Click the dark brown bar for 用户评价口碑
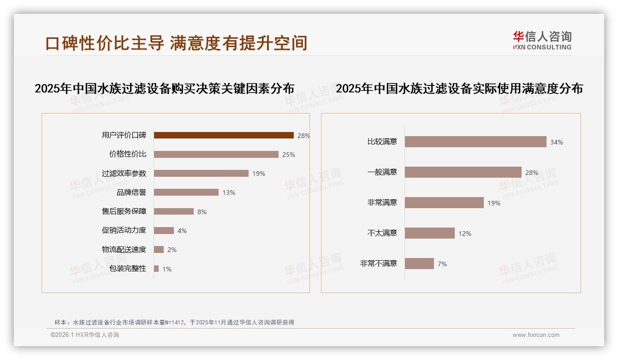click(224, 135)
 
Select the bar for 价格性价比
click(216, 154)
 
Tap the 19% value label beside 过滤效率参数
click(259, 174)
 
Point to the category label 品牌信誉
click(131, 192)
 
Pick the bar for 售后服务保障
click(174, 211)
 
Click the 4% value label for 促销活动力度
click(182, 231)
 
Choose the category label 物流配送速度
click(124, 249)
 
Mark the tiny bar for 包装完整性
click(156, 269)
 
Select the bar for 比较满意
click(475, 142)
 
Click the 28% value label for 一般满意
click(532, 173)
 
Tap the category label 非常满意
click(382, 202)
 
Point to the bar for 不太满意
click(430, 233)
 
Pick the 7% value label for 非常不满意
click(442, 264)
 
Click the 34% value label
click(557, 142)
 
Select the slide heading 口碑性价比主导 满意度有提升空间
click(176, 43)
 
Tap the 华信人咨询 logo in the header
click(542, 40)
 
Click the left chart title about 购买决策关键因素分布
click(165, 88)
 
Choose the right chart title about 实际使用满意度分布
click(459, 88)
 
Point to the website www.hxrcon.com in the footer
click(536, 335)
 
